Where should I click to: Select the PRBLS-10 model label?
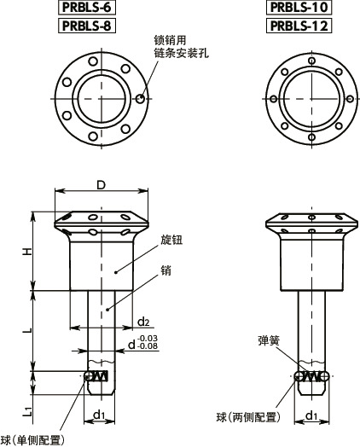pos(299,8)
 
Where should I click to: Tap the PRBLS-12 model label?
pos(299,25)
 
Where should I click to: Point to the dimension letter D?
pos(100,185)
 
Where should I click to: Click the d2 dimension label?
pos(144,322)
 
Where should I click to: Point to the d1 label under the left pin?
pos(99,415)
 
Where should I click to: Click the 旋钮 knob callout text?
pos(171,241)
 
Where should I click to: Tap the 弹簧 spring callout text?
pos(269,340)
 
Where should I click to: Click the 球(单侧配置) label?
pos(32,439)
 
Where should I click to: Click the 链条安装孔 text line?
pos(182,53)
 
